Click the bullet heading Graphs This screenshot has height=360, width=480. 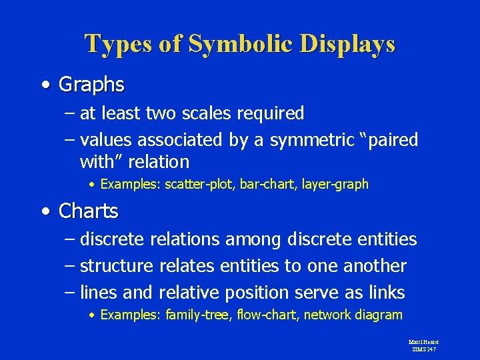(91, 85)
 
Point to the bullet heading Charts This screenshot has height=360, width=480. (88, 211)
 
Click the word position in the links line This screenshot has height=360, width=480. (256, 293)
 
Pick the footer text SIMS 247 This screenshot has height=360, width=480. (423, 349)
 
